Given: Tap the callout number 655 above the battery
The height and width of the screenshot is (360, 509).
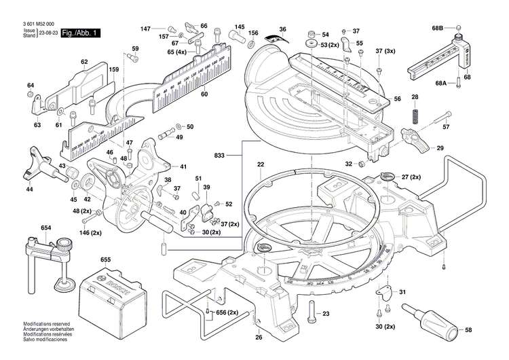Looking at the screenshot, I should tap(105, 259).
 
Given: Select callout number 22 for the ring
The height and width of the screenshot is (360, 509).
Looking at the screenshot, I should tap(260, 165).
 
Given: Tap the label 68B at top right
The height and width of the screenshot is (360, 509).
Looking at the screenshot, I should tap(437, 28).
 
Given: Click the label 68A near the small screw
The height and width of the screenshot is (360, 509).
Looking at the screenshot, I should tap(441, 83).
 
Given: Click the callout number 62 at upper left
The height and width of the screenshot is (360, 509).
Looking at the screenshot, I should tap(85, 62).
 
